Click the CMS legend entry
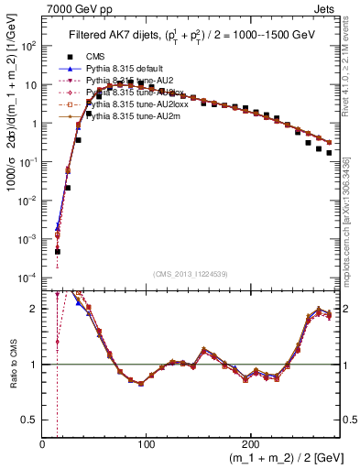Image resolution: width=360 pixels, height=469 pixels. point(97,57)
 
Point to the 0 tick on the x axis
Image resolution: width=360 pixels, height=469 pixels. point(43,444)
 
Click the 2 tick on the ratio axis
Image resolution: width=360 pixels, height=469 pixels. point(35,309)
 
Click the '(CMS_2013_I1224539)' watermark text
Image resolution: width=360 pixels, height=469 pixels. point(190,275)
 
